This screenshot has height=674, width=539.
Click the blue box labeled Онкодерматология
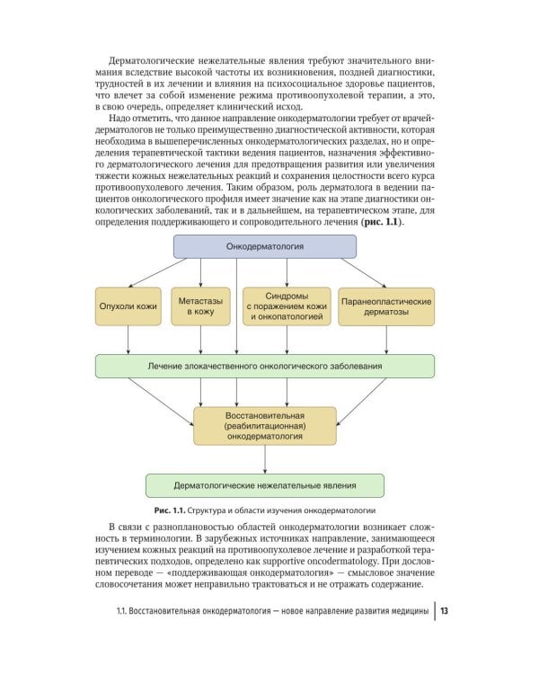[264, 245]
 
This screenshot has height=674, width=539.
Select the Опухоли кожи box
[128, 306]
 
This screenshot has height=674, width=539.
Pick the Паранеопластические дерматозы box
[386, 306]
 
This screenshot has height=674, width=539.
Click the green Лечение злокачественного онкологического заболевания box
[264, 366]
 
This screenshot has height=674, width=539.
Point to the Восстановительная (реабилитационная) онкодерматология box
[265, 425]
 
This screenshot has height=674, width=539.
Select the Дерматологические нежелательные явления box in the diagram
[264, 484]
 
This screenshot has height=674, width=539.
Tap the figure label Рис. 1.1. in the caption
[173, 510]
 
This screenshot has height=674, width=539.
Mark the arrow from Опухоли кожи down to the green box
[128, 339]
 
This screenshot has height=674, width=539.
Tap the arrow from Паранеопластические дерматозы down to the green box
[386, 339]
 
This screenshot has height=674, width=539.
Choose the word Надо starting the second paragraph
[119, 120]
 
